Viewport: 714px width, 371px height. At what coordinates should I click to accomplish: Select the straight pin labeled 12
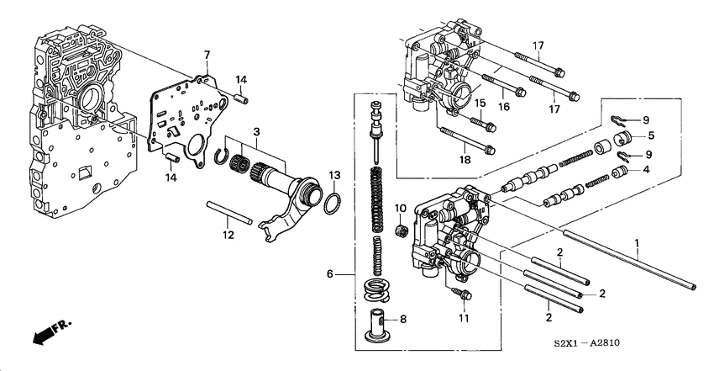[x=227, y=211]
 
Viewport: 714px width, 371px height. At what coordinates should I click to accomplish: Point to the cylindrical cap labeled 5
[x=624, y=139]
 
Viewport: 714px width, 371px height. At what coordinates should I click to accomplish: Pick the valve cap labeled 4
[x=622, y=173]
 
